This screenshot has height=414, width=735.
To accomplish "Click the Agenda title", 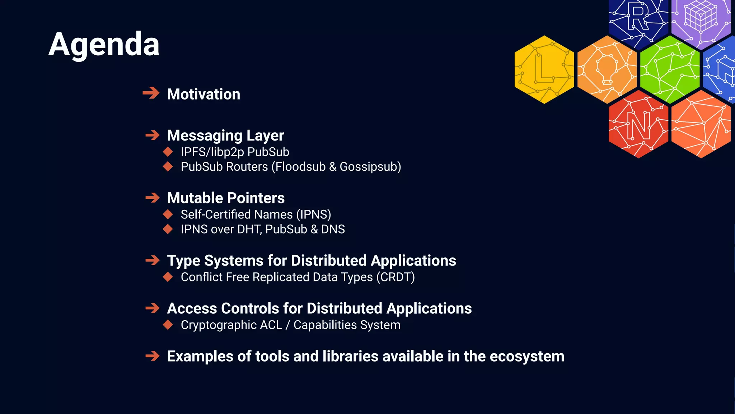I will coord(104,45).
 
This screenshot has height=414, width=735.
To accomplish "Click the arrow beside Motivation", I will coord(151,93).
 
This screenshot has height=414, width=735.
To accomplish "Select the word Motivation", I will coord(203,94).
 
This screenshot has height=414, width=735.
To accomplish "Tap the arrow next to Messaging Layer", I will coord(153,135).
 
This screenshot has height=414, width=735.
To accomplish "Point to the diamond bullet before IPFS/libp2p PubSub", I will coord(168,152).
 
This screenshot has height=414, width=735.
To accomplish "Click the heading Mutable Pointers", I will coord(226,198).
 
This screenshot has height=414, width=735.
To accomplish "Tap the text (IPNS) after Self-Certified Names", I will coord(313,215).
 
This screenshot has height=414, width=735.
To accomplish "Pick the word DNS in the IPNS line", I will coord(333,229).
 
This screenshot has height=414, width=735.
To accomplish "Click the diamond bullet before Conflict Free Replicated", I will coord(168,277).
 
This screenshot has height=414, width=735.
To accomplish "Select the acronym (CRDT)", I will coord(395,277).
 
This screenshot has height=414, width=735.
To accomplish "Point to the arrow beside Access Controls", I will coord(153,308).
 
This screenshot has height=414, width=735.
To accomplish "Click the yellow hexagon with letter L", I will coord(544,69).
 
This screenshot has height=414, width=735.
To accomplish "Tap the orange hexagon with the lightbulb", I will coord(607,69).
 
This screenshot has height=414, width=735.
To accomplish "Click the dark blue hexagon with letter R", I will coord(638,20).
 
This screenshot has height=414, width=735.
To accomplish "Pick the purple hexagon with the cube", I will coord(701,20).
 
